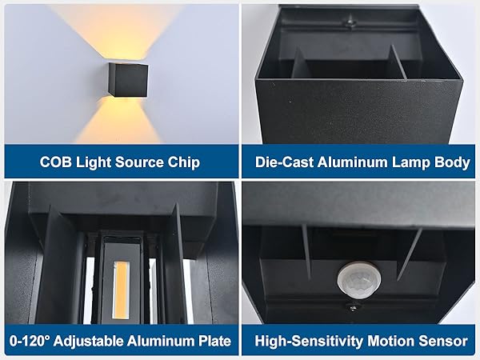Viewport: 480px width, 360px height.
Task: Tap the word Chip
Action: (182, 162)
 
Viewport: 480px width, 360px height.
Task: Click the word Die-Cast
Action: (283, 162)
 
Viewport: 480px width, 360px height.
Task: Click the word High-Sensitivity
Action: (308, 342)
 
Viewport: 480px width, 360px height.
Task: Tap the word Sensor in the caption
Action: (444, 342)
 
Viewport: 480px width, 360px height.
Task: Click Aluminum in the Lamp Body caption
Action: (354, 162)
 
